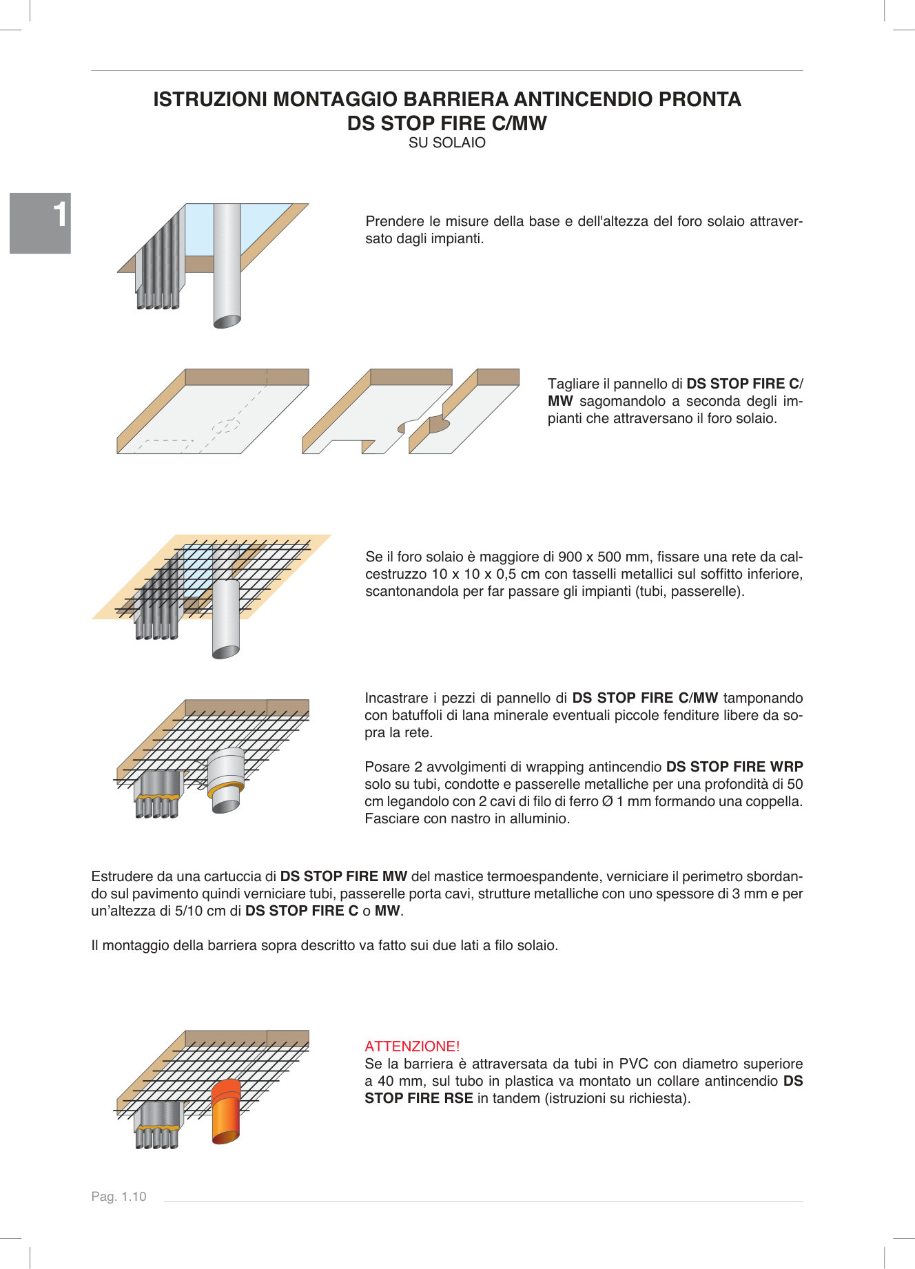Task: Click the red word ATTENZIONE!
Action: pyautogui.click(x=412, y=1046)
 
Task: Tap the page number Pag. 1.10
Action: pyautogui.click(x=119, y=1197)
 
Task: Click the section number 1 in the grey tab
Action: pyautogui.click(x=61, y=215)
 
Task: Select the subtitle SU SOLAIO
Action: pyautogui.click(x=446, y=143)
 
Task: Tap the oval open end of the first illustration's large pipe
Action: pyautogui.click(x=227, y=321)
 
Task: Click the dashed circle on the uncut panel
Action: pyautogui.click(x=225, y=426)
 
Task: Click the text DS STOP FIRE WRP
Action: pyautogui.click(x=734, y=767)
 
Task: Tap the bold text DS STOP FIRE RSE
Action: pyautogui.click(x=418, y=1098)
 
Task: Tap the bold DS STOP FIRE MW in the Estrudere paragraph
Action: pyautogui.click(x=343, y=876)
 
